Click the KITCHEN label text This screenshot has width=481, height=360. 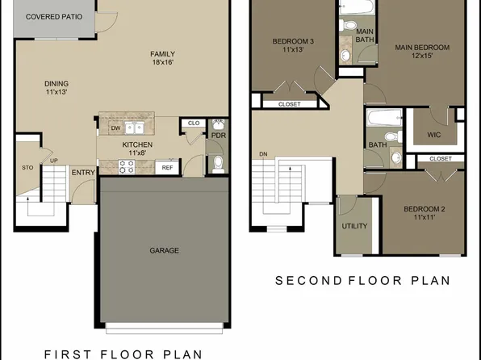(137, 145)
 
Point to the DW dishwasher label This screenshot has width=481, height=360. (115, 128)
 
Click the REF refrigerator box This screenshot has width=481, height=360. (167, 168)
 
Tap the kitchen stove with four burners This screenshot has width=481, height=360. (128, 167)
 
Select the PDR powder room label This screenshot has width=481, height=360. (217, 136)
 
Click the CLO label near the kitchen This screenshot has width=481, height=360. (193, 123)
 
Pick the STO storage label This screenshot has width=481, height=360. (26, 168)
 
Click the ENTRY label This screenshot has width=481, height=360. (82, 173)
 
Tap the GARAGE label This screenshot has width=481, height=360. (164, 250)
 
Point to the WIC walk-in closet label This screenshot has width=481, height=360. (433, 135)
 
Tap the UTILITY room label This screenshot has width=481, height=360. (353, 226)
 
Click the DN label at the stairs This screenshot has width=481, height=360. (263, 153)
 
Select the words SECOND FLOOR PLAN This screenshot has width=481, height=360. (362, 281)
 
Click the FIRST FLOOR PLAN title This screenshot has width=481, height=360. (123, 353)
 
